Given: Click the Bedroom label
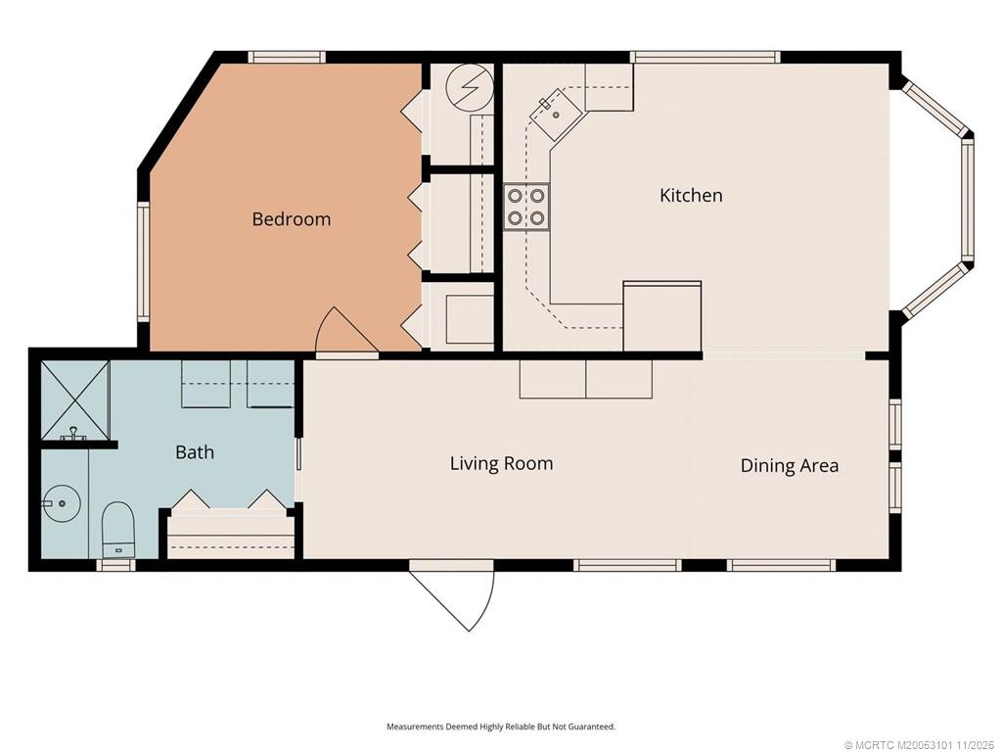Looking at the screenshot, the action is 292,219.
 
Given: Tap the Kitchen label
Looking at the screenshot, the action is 691,195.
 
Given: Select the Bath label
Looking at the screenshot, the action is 195,452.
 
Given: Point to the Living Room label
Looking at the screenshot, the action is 502,463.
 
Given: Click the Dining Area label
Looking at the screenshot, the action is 790,465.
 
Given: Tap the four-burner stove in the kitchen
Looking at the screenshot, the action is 526,207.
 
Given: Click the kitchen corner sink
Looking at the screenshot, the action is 555,114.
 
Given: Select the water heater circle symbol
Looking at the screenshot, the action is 470,87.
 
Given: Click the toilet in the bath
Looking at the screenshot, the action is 118,530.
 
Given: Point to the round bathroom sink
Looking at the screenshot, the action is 61,503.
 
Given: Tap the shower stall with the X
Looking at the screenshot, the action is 75,399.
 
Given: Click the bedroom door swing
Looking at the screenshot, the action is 345,331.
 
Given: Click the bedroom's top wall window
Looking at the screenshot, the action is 287,57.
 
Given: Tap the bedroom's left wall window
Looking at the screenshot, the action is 144,261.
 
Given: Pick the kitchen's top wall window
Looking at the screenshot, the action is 706,57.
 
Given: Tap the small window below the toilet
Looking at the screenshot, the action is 115,565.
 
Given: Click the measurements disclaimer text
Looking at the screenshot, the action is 501,727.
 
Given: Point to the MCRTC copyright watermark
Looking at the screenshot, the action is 921,745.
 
